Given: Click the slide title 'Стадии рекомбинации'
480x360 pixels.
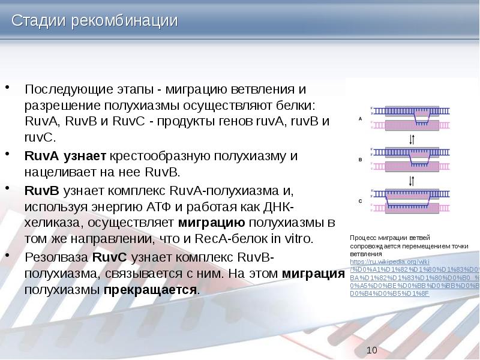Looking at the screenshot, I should click(95, 20).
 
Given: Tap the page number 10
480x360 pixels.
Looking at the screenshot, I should click(371, 350).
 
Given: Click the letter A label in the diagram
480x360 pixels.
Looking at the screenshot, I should click(360, 119).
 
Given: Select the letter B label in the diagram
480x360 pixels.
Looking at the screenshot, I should click(360, 160).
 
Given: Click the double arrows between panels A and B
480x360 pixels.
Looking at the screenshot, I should click(412, 139).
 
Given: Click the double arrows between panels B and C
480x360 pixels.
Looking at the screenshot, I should click(412, 180).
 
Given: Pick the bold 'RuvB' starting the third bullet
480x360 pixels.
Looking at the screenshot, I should click(41, 191).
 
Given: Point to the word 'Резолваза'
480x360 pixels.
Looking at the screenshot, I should click(56, 257).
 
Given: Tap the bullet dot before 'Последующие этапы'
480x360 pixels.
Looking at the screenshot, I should click(9, 89).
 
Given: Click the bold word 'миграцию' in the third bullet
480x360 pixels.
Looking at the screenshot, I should click(213, 223).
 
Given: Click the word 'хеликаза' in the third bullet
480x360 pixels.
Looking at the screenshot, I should click(50, 223).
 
